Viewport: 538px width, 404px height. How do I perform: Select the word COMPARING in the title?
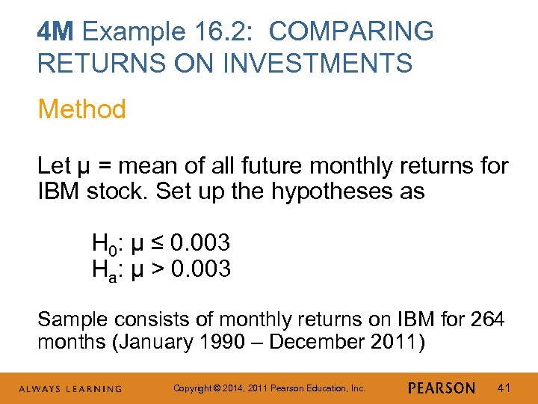click(352, 32)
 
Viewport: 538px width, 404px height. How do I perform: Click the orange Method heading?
click(81, 109)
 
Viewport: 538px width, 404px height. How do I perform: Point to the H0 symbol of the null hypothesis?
click(102, 243)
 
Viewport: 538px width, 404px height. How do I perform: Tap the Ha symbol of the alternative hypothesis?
click(102, 269)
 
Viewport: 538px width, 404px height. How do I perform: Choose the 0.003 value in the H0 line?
click(200, 243)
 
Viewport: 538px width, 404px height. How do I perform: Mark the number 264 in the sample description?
click(488, 320)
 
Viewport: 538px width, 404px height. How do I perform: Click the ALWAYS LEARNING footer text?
click(72, 388)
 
